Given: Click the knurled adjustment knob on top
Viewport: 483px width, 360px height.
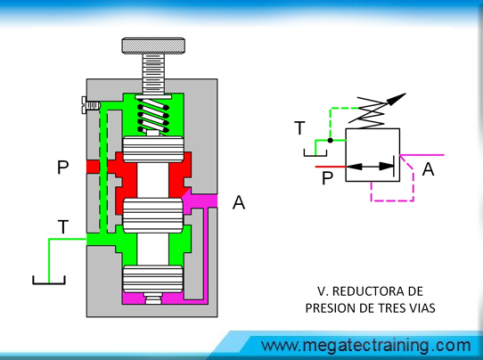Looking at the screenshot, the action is (153, 45).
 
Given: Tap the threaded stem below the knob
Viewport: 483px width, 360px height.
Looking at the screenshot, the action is (153, 74).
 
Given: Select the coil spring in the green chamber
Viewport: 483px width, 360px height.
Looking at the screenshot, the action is (153, 116).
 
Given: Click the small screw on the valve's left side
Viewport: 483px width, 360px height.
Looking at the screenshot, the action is (91, 105).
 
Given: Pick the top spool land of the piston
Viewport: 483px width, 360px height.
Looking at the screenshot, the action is (153, 150).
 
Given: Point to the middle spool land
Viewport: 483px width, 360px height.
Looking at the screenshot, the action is (153, 216).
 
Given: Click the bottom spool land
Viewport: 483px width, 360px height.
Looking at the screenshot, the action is (153, 279).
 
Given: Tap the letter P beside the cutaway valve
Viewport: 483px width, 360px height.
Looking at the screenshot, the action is (63, 168).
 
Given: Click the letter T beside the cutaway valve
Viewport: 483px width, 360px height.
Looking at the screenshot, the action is (63, 227).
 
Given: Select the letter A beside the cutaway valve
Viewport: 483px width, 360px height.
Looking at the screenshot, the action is (239, 202).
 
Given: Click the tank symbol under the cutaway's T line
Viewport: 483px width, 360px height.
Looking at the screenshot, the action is (49, 280).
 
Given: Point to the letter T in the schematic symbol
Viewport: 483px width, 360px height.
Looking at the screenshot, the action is (299, 128).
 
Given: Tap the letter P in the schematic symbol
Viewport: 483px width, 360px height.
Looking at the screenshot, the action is (327, 178).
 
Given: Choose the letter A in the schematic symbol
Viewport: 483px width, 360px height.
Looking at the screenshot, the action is (428, 168).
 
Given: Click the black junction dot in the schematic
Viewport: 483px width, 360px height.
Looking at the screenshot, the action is (331, 141).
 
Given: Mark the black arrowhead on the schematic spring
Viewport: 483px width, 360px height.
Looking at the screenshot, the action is (397, 99).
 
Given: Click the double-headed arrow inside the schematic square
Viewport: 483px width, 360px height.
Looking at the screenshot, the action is (371, 167).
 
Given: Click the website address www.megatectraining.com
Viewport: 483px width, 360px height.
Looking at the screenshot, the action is (366, 346).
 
